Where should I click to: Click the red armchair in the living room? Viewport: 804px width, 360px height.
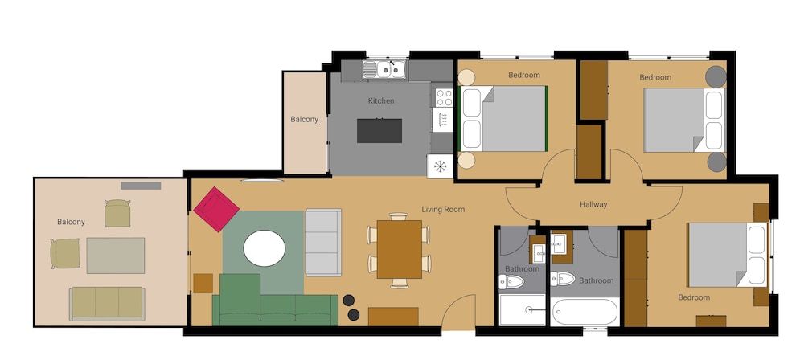[x=216, y=209]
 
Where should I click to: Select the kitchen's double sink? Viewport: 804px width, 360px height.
[x=384, y=69]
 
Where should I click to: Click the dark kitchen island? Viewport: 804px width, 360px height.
[x=379, y=131]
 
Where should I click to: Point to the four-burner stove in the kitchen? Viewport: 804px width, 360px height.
[x=444, y=97]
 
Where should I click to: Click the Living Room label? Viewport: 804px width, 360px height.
[x=443, y=209]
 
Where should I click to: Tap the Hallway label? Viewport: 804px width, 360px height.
[x=593, y=204]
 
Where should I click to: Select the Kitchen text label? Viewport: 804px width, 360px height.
[x=381, y=101]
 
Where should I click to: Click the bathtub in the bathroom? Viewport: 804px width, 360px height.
[x=585, y=311]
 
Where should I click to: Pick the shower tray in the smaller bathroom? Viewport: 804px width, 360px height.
[x=522, y=309]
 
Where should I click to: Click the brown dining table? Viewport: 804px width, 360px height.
[x=400, y=249]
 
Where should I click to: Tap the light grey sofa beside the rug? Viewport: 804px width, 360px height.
[x=323, y=242]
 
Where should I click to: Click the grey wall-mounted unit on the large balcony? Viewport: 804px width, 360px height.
[x=141, y=186]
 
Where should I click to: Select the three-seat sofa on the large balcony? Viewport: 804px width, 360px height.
[x=107, y=304]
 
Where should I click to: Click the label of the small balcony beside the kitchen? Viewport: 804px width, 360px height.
[x=305, y=120]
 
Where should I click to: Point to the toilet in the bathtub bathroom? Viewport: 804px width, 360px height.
[x=563, y=279]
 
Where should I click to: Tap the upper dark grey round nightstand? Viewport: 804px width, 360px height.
[x=716, y=76]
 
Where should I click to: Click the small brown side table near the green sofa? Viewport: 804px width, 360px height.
[x=203, y=284]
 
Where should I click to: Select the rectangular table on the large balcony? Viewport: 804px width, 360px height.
[x=115, y=256]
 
